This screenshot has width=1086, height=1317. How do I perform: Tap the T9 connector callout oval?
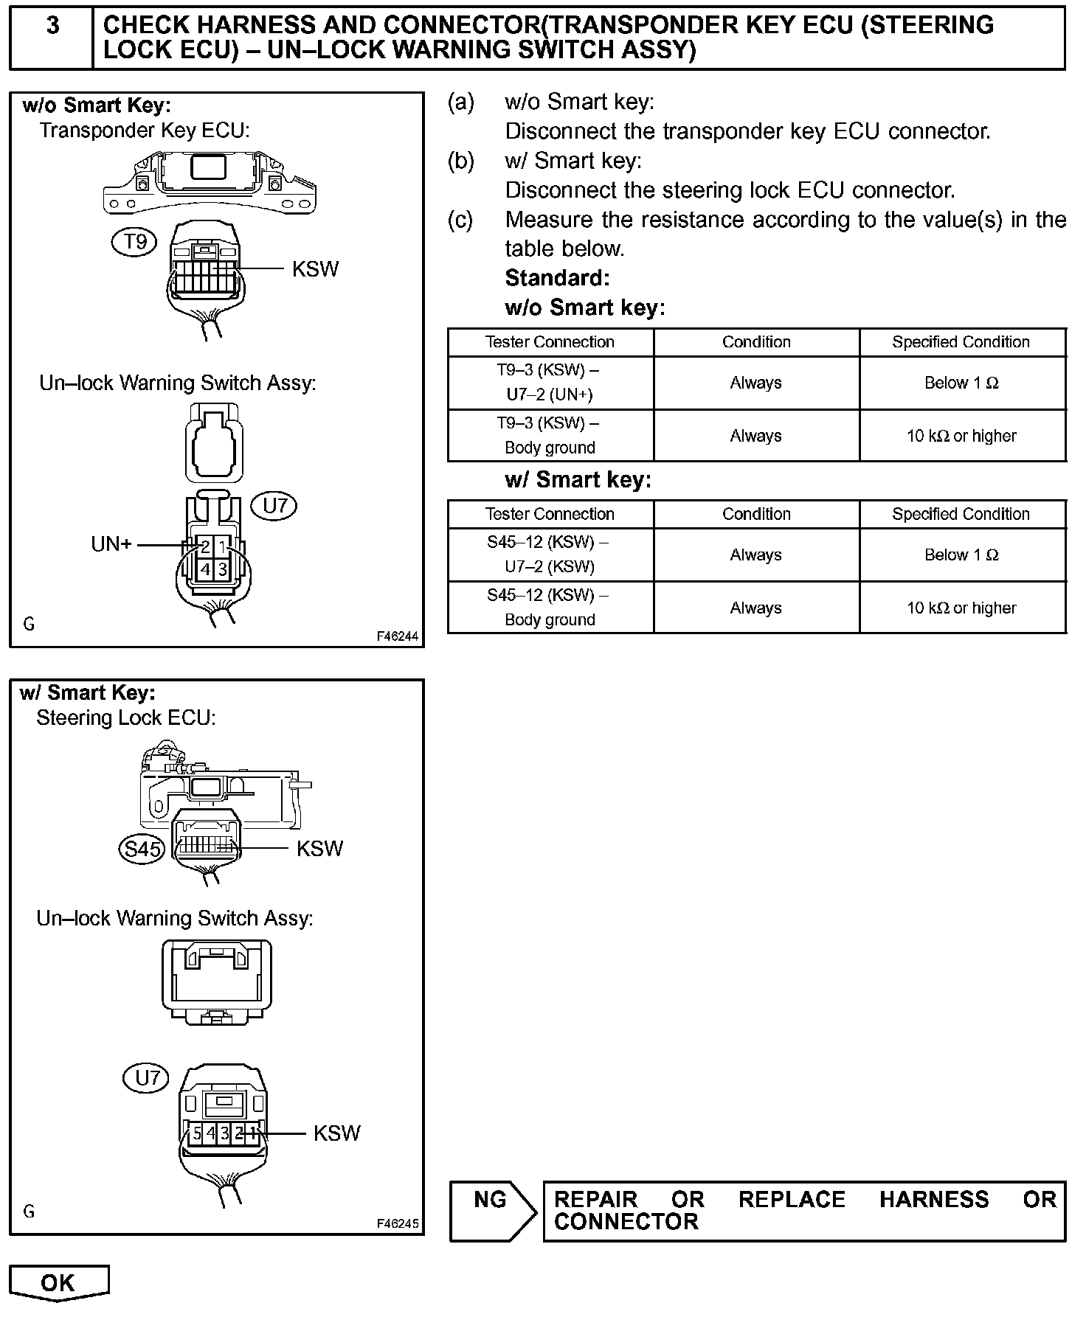134,241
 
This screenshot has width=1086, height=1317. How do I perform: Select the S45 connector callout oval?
142,849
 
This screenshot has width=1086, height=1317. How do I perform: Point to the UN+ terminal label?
111,544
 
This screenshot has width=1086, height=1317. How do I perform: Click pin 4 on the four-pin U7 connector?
205,569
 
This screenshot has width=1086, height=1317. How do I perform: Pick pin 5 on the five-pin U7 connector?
197,1133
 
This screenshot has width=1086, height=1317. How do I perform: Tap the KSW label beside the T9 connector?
315,269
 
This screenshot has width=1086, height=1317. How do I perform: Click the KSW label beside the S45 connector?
319,849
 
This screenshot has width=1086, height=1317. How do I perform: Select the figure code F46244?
397,636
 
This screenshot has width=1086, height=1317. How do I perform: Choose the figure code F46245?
397,1223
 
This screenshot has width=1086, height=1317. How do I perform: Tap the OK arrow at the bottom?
58,1283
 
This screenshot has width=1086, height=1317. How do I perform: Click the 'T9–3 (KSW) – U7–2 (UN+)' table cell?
550,382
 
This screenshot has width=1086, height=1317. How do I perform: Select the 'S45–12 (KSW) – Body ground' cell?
550,607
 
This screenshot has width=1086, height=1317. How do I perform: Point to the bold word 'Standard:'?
557,278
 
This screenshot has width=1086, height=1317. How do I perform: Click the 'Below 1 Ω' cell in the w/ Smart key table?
961,555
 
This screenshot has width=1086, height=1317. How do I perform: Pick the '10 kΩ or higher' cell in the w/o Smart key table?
961,436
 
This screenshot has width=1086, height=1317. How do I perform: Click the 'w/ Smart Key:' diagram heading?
88,693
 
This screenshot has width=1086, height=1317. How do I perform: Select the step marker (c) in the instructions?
460,220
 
